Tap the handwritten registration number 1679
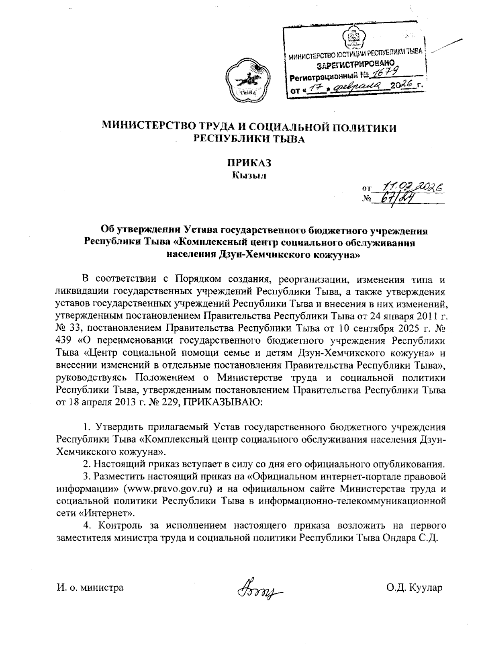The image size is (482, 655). pos(383,73)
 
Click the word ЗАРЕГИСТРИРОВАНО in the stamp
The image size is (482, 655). pos(354,64)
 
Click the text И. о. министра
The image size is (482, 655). pos(90,588)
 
